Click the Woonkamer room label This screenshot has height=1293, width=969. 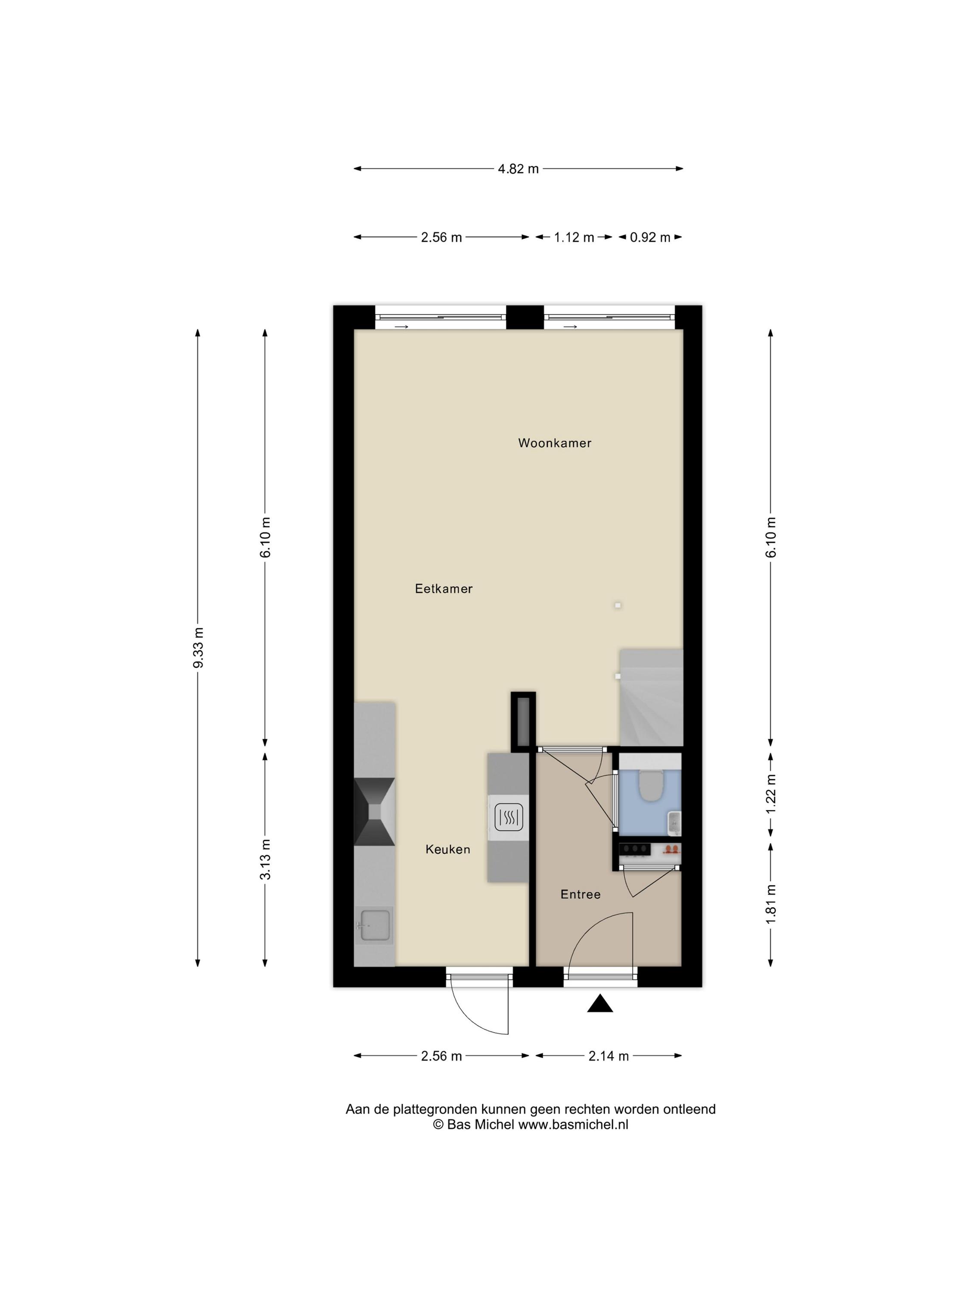click(x=554, y=443)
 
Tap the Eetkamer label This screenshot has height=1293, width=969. click(x=443, y=589)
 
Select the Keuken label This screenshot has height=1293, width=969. click(x=447, y=850)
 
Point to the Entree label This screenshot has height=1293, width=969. click(x=580, y=894)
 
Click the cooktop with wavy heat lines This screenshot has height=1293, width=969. click(x=508, y=818)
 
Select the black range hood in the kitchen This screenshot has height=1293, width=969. click(x=374, y=811)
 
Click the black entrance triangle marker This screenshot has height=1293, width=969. click(x=600, y=1004)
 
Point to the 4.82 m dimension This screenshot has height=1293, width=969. click(x=518, y=169)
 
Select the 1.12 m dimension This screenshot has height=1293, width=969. click(x=574, y=237)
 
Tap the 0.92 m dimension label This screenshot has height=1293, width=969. click(x=649, y=237)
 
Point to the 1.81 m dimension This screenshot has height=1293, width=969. click(x=771, y=904)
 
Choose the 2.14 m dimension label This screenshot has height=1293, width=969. click(x=608, y=1056)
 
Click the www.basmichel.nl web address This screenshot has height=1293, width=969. click(x=573, y=1124)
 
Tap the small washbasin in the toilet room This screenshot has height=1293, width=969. click(x=674, y=823)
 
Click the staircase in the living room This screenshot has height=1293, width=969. click(x=651, y=697)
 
